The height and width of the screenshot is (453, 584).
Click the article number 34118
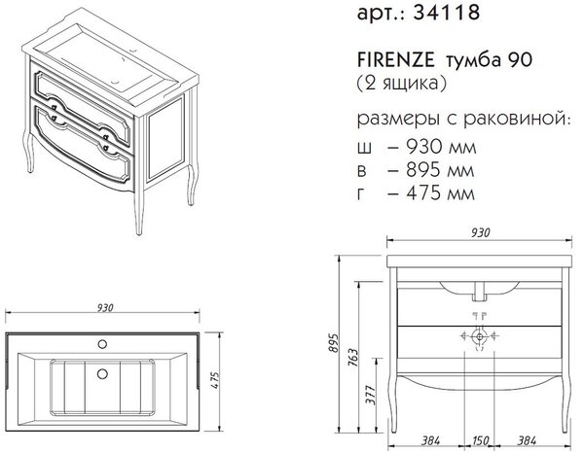447,13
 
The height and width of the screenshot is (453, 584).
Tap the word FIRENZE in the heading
395,60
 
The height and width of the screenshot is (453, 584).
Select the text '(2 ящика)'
401,83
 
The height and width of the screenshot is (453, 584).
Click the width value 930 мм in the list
441,147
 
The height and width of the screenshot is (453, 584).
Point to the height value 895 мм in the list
440,170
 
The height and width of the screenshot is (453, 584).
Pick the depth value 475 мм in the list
440,193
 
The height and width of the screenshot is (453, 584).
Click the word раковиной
517,119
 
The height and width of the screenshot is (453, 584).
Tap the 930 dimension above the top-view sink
105,308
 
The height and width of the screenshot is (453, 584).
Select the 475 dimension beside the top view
216,380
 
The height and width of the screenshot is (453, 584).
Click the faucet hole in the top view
102,344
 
